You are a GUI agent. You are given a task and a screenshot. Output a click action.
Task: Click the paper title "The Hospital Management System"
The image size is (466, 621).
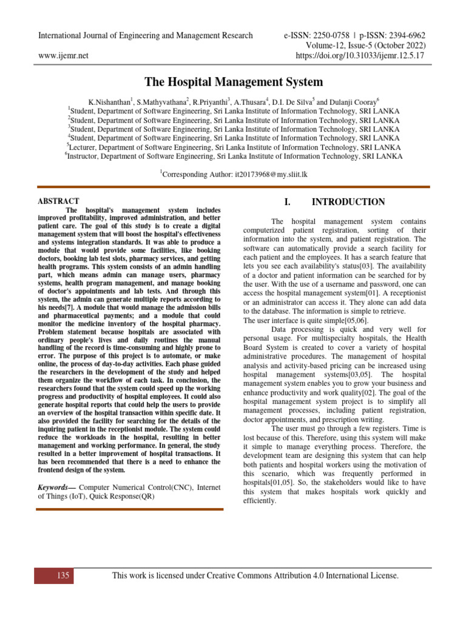point(233,82)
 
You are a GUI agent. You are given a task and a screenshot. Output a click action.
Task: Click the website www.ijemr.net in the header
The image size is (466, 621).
point(63,55)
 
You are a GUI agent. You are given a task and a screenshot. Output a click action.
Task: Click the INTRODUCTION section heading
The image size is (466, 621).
point(348,202)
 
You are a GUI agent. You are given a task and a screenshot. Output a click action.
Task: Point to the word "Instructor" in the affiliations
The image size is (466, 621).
point(89,156)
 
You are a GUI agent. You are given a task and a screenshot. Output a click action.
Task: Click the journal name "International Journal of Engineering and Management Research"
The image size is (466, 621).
point(146,35)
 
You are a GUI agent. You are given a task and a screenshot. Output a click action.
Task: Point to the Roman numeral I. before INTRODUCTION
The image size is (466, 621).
point(288,202)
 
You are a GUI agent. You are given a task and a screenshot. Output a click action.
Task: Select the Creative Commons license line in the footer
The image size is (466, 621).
point(255,575)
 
